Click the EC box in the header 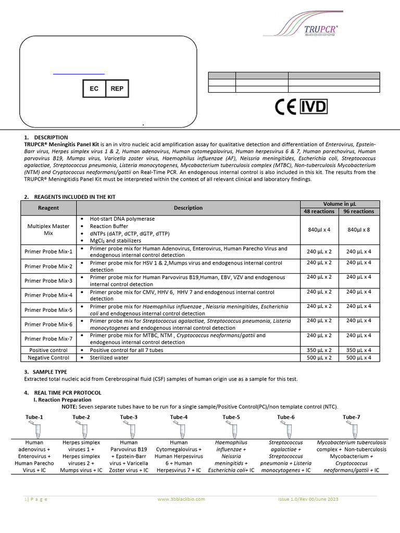coord(94,89)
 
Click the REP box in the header coord(117,89)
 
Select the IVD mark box coord(315,107)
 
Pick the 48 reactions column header coord(319,211)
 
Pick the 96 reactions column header coord(359,211)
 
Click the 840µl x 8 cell coord(359,230)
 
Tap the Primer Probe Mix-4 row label coord(48,295)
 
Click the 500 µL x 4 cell coord(359,358)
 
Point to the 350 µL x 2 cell coord(319,350)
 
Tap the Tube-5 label coord(231,417)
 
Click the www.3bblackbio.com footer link coord(181,499)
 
